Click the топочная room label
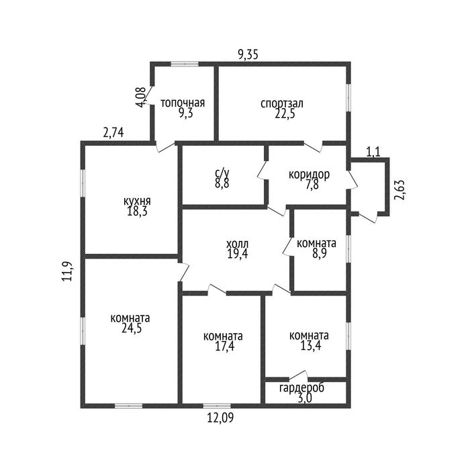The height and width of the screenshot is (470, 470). [183, 103]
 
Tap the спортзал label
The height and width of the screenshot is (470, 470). [282, 103]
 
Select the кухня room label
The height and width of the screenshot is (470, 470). [137, 201]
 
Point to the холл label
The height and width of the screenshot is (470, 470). [238, 244]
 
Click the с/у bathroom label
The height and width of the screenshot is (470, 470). [222, 173]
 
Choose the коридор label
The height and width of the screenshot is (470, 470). [309, 175]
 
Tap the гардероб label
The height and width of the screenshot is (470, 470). [301, 388]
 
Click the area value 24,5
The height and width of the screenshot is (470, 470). [132, 328]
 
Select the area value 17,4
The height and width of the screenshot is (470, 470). [224, 346]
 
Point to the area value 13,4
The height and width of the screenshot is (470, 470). [311, 346]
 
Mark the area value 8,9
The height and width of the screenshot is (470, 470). [319, 254]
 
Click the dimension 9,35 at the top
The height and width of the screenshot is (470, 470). [248, 55]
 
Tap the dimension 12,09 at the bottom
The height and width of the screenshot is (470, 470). [220, 418]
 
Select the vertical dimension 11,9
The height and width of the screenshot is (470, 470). [67, 271]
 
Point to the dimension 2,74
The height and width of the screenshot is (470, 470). [113, 132]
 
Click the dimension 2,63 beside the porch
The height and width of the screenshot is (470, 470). [399, 190]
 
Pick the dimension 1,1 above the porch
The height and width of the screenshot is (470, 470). [373, 152]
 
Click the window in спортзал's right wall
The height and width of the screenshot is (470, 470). [348, 97]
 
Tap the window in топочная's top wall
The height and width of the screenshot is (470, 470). [185, 64]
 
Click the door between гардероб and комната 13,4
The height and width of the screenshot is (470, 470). [299, 375]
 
